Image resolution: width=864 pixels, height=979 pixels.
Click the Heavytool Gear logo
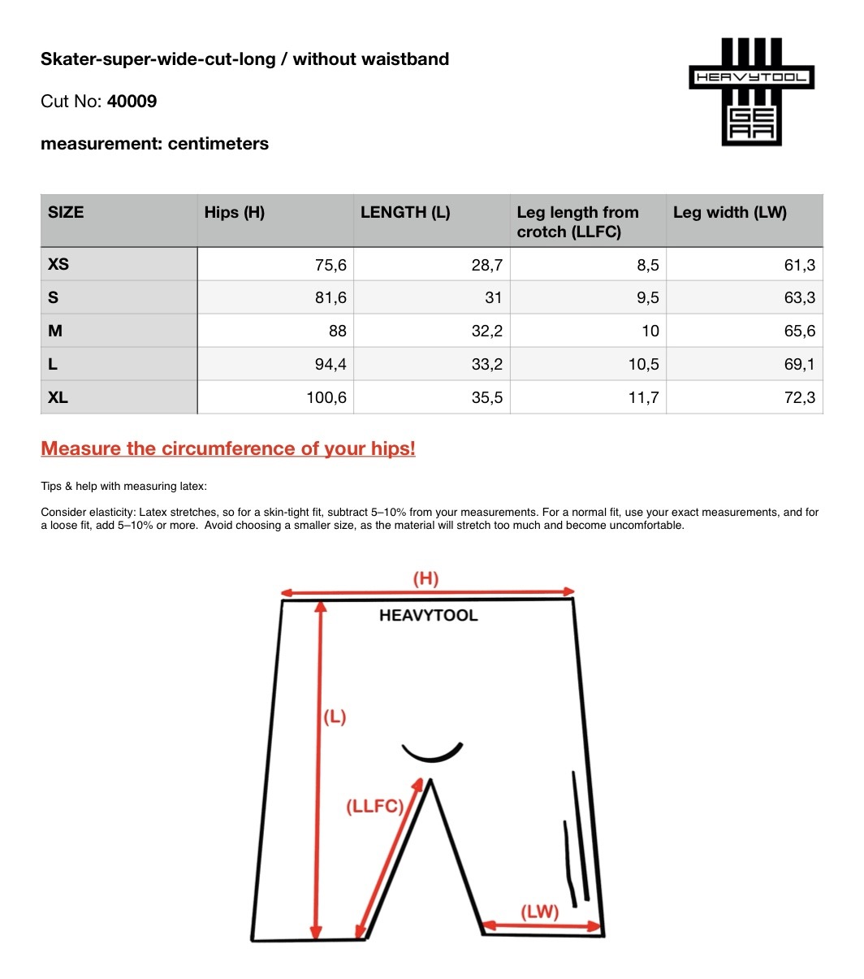(751, 91)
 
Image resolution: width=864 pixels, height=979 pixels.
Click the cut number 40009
(132, 102)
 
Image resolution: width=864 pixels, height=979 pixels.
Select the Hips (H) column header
(235, 213)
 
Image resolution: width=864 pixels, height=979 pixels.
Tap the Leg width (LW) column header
(729, 213)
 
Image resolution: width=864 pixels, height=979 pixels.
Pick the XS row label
(59, 265)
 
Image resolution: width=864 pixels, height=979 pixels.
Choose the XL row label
(58, 398)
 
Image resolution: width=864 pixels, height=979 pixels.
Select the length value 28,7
(486, 265)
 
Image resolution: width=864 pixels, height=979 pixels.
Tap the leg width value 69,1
(799, 365)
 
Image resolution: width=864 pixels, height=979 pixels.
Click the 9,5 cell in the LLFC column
(647, 298)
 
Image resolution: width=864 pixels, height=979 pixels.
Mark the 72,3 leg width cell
(799, 398)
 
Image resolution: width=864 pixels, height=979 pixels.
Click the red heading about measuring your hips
(228, 448)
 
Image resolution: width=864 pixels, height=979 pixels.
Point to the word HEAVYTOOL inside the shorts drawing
(428, 616)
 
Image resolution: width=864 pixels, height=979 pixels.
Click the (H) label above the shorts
(426, 578)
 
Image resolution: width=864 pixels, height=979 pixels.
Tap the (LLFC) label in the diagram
(374, 807)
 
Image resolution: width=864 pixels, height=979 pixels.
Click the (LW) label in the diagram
(539, 912)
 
